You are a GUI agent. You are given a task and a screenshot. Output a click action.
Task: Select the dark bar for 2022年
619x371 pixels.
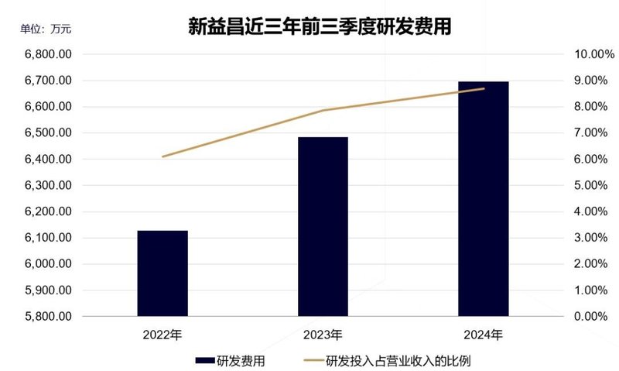tap(162, 273)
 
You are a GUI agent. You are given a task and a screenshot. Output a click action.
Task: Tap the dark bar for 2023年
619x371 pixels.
tap(323, 226)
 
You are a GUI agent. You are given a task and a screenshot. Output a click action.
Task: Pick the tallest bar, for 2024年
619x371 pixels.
tap(483, 198)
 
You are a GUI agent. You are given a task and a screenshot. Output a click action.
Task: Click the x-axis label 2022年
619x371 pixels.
tap(162, 335)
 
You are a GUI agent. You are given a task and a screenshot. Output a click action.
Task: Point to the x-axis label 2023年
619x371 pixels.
tap(323, 335)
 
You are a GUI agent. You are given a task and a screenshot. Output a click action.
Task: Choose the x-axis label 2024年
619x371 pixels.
tap(483, 335)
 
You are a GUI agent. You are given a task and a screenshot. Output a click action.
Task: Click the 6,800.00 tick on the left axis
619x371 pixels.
tap(49, 55)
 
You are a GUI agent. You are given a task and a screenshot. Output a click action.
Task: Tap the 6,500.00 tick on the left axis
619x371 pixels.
tap(49, 133)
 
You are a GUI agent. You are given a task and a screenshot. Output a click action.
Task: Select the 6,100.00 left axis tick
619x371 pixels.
tap(49, 238)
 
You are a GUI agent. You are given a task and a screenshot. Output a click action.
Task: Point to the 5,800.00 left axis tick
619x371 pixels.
tap(49, 317)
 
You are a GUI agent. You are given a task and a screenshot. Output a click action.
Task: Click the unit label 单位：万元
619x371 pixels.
tap(46, 29)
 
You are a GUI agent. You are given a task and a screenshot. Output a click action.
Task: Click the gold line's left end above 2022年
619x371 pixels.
tap(162, 156)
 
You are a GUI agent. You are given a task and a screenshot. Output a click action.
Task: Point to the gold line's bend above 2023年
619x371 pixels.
tap(323, 110)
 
